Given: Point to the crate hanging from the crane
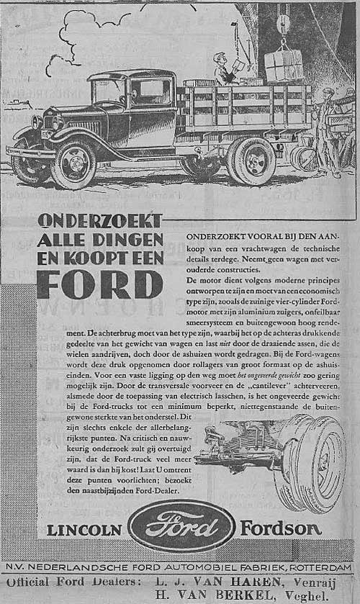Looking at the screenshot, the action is tap(284, 66).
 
